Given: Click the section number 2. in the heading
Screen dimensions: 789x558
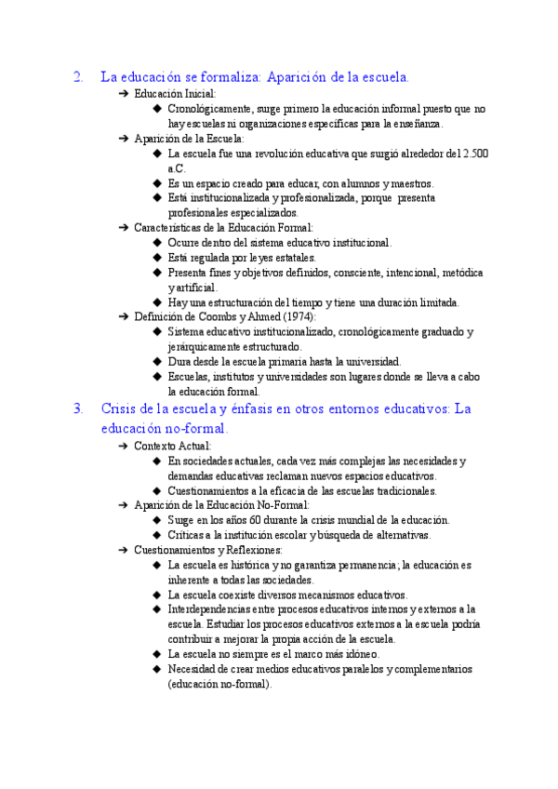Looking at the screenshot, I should (x=78, y=77).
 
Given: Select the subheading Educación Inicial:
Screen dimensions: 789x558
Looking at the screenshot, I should (x=175, y=94).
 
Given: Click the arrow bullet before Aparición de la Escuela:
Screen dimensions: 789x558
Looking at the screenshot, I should (x=124, y=139).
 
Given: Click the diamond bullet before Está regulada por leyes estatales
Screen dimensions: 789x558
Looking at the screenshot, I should (x=157, y=258).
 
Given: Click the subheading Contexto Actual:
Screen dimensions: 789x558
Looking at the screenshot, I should (x=173, y=446).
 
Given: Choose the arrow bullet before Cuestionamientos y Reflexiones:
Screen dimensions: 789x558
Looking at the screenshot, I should (x=124, y=550).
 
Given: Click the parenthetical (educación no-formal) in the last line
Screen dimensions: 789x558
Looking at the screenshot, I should (x=219, y=684).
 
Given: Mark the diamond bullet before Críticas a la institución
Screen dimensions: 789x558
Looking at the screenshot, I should (x=157, y=535).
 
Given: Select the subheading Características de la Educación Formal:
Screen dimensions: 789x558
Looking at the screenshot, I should (x=224, y=228).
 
